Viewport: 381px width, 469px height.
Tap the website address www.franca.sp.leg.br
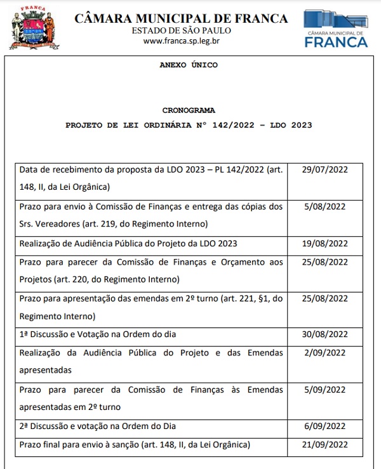click(x=181, y=41)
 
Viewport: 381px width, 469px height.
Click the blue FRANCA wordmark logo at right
click(x=336, y=42)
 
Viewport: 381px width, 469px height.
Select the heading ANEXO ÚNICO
click(x=189, y=65)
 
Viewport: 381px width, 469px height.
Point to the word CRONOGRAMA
click(x=189, y=110)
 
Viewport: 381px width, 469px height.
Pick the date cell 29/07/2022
click(x=324, y=171)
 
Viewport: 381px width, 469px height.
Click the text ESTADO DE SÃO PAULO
click(x=181, y=30)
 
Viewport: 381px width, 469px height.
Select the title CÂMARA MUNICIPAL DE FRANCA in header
click(x=181, y=18)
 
